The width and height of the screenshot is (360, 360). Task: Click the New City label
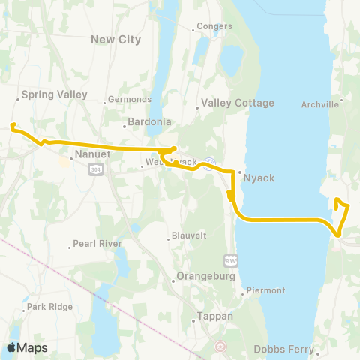click(x=115, y=39)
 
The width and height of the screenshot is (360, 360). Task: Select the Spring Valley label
click(x=55, y=94)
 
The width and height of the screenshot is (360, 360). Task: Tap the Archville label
click(x=320, y=104)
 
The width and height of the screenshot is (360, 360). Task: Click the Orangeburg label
click(x=205, y=275)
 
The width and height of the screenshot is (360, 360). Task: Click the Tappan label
click(x=216, y=316)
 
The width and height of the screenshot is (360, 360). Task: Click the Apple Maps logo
click(x=28, y=347)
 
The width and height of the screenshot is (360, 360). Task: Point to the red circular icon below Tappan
click(x=220, y=346)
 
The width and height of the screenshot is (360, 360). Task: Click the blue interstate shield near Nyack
click(x=211, y=160)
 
